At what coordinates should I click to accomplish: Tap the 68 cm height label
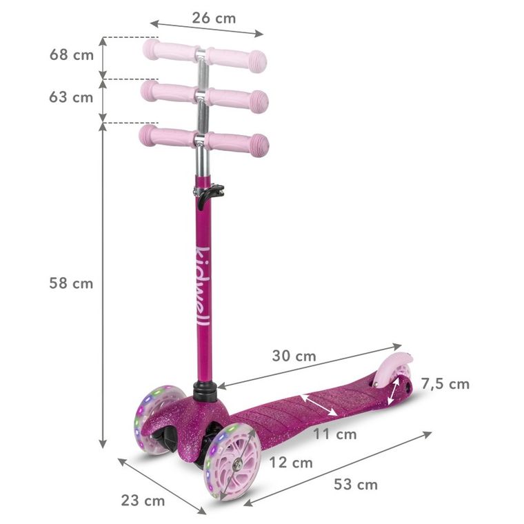pyautogui.click(x=71, y=54)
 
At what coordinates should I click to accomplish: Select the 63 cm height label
pyautogui.click(x=71, y=97)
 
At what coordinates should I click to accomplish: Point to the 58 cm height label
pyautogui.click(x=71, y=283)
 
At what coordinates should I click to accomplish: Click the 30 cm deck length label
pyautogui.click(x=294, y=356)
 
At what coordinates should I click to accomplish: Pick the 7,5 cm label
pyautogui.click(x=445, y=383)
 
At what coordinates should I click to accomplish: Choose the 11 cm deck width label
pyautogui.click(x=334, y=434)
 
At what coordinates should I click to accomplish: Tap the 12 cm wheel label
pyautogui.click(x=290, y=462)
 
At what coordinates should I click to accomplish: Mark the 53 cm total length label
pyautogui.click(x=356, y=484)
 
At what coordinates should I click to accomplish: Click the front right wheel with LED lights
pyautogui.click(x=233, y=460)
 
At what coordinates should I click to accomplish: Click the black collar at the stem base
pyautogui.click(x=205, y=391)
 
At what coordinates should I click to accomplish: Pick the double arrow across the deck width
pyautogui.click(x=318, y=404)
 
